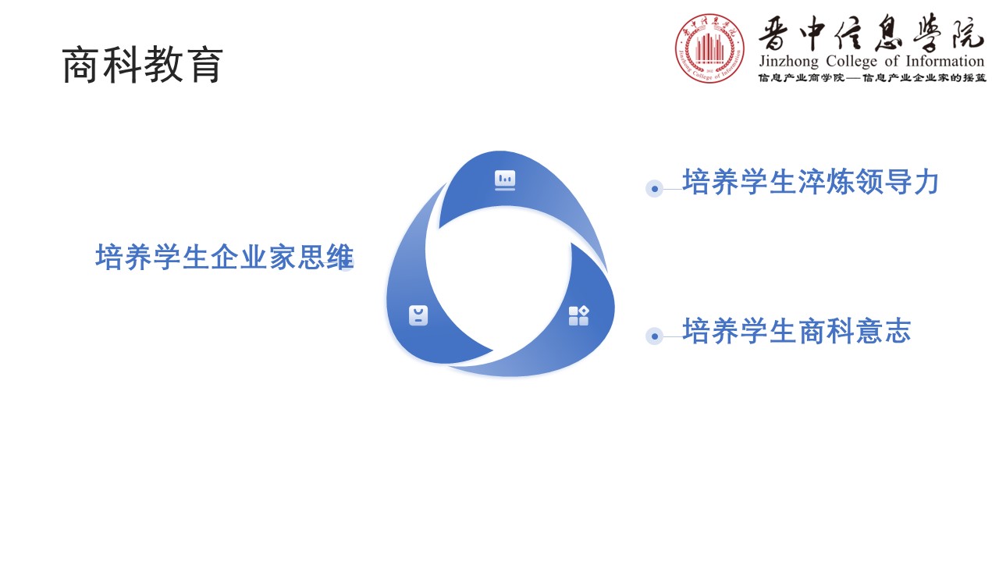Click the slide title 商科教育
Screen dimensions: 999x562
pyautogui.click(x=142, y=65)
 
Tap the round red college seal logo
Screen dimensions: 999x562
pyautogui.click(x=709, y=48)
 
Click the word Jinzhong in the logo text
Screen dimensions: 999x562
pyautogui.click(x=788, y=61)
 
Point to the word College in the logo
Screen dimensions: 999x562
pyautogui.click(x=851, y=61)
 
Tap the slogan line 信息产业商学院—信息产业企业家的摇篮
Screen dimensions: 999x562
pyautogui.click(x=873, y=78)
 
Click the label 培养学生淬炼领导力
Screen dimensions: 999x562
pyautogui.click(x=811, y=182)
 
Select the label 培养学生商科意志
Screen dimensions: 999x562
pyautogui.click(x=797, y=330)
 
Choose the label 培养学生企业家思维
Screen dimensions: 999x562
pyautogui.click(x=224, y=257)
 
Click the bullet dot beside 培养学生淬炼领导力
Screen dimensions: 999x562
pyautogui.click(x=654, y=189)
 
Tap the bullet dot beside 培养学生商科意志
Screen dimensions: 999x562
pyautogui.click(x=654, y=336)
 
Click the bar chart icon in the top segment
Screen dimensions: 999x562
pyautogui.click(x=505, y=180)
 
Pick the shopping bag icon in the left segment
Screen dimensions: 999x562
pyautogui.click(x=418, y=315)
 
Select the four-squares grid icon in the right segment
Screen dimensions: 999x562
pyautogui.click(x=578, y=316)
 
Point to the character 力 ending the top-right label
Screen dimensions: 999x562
pyautogui.click(x=926, y=182)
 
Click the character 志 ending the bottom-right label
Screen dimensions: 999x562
pyautogui.click(x=898, y=330)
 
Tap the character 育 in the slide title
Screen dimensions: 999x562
pyautogui.click(x=204, y=65)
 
